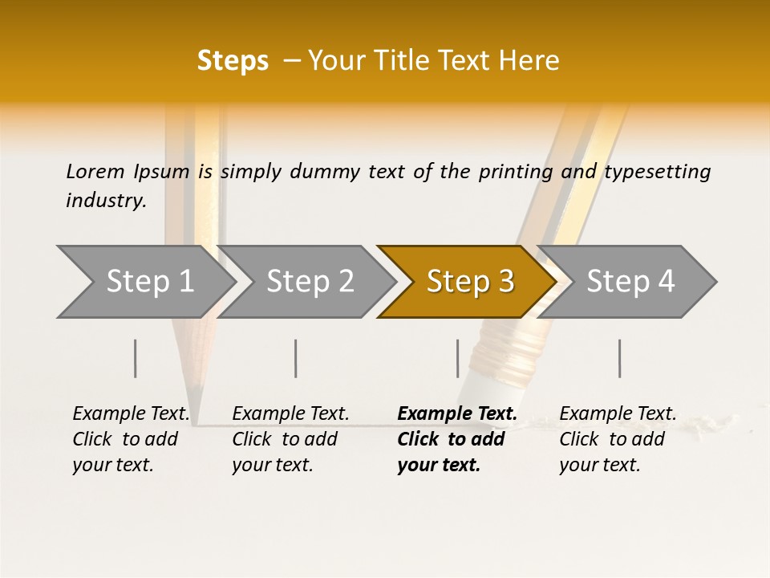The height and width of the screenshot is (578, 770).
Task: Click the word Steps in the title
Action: point(233,61)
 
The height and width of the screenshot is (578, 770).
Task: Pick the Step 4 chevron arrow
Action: point(630,282)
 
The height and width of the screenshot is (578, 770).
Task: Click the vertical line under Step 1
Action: point(136,358)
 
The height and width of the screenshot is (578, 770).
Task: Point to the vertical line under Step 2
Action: point(296,358)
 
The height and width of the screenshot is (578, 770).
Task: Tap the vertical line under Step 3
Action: point(457,358)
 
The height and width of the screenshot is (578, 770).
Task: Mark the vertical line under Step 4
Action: point(619,358)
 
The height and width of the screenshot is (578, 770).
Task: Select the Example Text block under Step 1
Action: point(131,439)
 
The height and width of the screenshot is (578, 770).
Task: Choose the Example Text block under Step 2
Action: point(290,439)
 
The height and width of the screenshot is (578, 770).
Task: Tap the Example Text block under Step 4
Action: point(618,439)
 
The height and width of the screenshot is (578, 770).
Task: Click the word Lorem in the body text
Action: point(95,171)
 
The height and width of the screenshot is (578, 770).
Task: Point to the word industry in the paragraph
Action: point(105,200)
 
